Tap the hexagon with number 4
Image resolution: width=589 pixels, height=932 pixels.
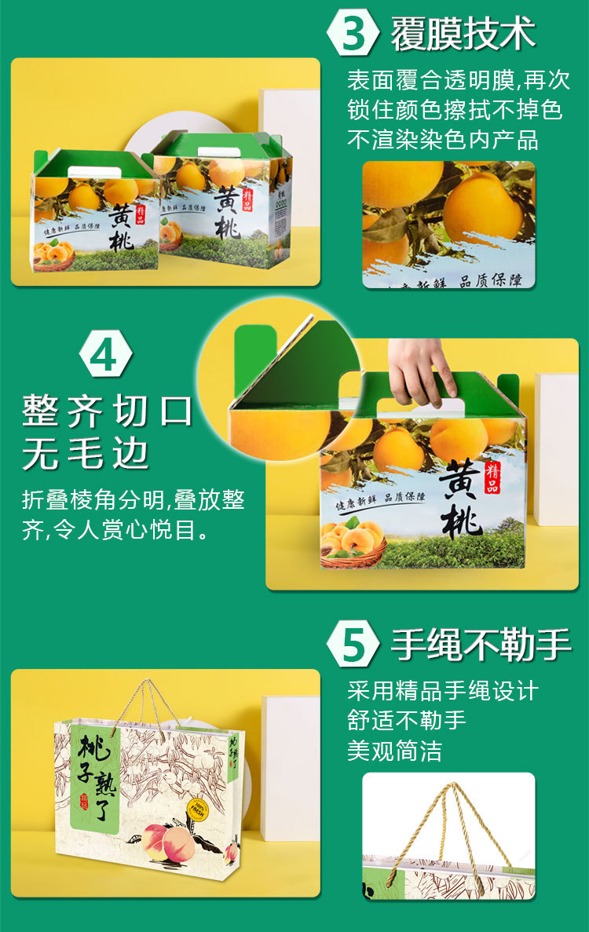coord(102,356)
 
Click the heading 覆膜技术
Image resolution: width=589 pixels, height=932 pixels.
coord(463,34)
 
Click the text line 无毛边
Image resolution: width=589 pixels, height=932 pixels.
coord(86,454)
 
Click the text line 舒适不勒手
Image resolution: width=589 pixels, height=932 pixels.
coord(407,720)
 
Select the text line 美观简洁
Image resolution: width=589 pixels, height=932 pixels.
coord(395,751)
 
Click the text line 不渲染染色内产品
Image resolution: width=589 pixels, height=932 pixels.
coord(443,140)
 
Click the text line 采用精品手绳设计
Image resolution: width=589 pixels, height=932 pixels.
coord(443,690)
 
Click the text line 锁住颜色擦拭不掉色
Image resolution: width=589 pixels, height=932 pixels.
coord(455,110)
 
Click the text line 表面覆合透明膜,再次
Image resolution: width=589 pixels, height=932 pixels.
coord(459,80)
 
